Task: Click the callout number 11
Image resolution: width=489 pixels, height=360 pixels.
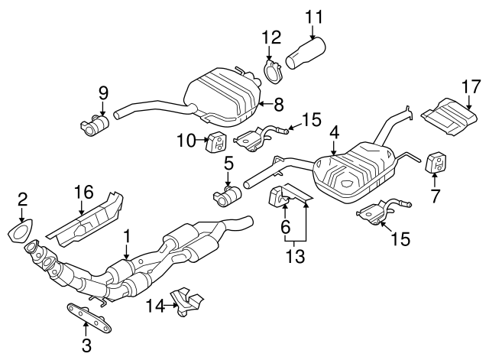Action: [x=314, y=15]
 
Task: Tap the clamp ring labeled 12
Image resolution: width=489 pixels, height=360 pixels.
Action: [x=273, y=75]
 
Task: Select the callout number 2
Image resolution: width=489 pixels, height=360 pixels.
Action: [x=24, y=200]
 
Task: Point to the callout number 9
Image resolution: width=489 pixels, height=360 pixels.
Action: [x=103, y=93]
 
